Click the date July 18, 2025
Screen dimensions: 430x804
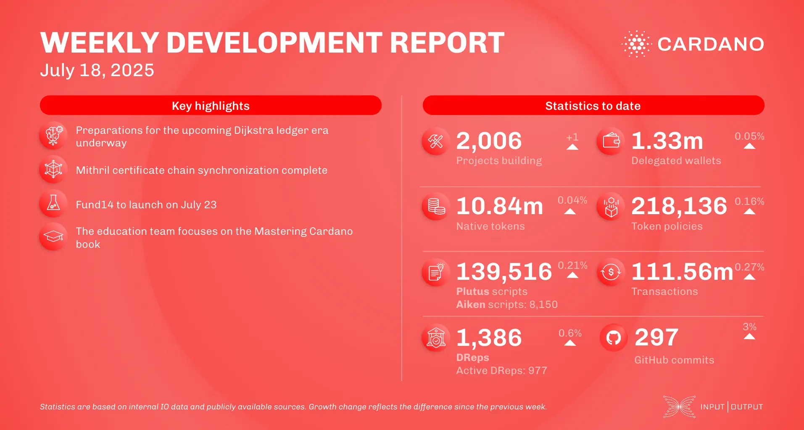pos(97,70)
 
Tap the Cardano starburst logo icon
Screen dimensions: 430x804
pos(636,44)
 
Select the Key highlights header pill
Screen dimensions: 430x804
pos(211,106)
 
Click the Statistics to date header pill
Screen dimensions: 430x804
pos(593,106)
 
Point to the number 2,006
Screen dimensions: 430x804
pos(489,141)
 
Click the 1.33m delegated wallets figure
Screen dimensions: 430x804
pos(667,141)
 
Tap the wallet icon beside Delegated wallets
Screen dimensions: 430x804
pos(611,141)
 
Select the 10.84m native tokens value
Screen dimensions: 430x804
pos(500,206)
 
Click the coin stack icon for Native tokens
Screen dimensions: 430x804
pos(436,206)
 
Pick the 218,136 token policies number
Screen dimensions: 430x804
pos(679,206)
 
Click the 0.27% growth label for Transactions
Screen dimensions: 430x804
pos(749,267)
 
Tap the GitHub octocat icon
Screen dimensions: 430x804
pos(613,337)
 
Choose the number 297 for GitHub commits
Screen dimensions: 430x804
pos(656,337)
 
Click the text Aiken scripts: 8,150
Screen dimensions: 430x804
pos(507,304)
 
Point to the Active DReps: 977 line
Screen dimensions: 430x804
pos(501,370)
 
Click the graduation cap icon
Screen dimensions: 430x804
pos(53,237)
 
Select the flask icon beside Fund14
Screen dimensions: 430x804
pos(53,203)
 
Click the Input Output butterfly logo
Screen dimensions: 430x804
pos(679,406)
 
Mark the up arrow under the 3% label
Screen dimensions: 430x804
pos(749,337)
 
